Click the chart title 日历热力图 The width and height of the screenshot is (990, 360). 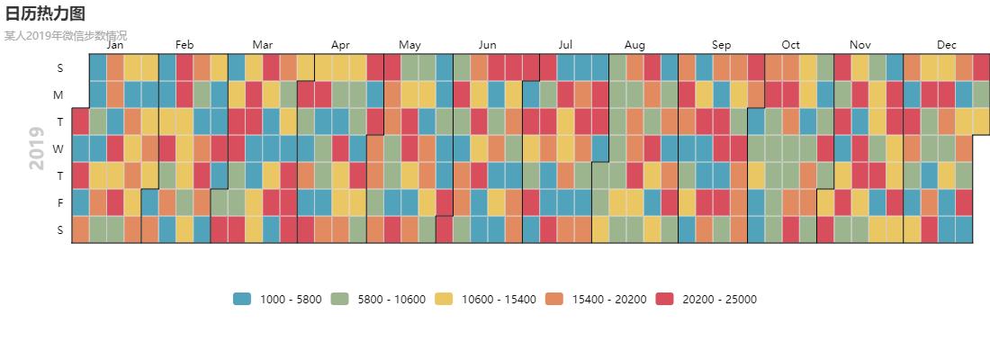[45, 13]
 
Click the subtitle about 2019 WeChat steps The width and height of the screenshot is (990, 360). [66, 36]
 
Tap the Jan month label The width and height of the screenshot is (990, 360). [115, 45]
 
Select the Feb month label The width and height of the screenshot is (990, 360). [184, 45]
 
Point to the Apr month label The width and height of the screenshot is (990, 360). [340, 45]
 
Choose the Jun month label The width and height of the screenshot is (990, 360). [488, 45]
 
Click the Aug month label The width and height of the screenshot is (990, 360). [634, 45]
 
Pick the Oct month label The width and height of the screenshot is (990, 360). [790, 45]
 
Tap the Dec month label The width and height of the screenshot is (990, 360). [947, 45]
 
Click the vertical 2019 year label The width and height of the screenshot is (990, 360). [37, 148]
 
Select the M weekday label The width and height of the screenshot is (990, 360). [58, 94]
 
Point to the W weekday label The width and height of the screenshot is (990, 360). [58, 149]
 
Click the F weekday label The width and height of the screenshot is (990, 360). [60, 202]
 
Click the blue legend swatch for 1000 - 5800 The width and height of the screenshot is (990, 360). [242, 299]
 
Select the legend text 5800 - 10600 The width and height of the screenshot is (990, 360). [391, 299]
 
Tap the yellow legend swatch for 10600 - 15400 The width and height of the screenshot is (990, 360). [445, 299]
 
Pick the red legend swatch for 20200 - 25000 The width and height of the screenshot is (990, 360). [665, 299]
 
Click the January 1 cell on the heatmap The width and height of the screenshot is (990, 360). [80, 121]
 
